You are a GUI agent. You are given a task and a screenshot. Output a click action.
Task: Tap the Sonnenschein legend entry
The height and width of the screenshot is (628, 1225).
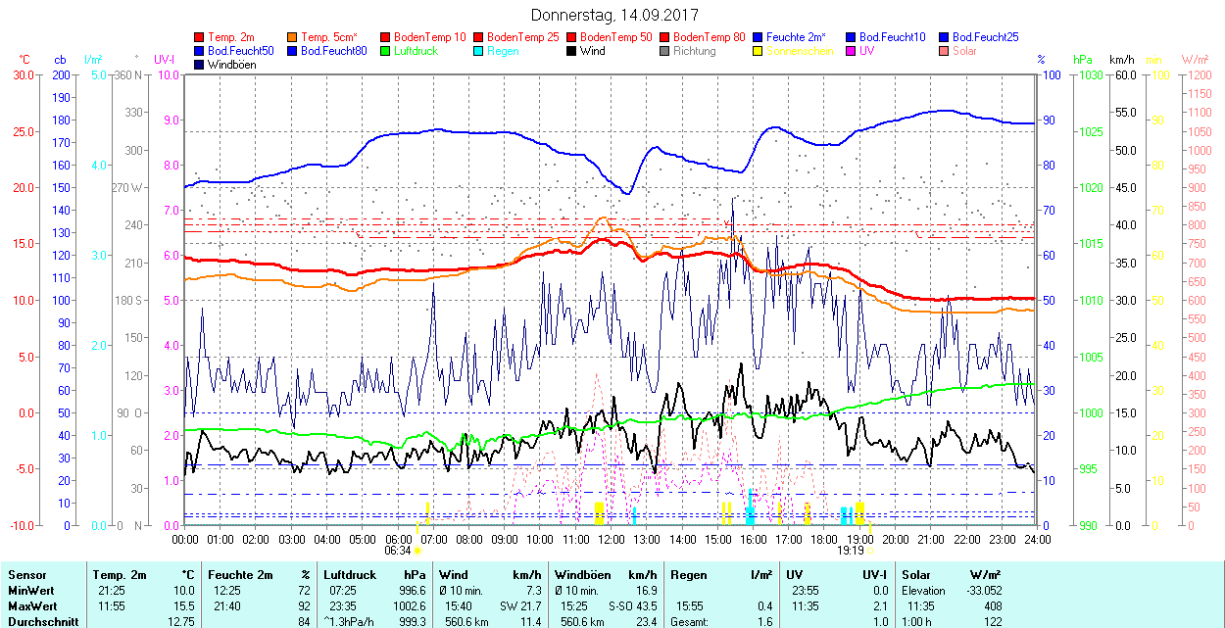(x=800, y=51)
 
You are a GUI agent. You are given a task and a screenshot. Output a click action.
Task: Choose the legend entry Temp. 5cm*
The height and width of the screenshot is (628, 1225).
(x=328, y=37)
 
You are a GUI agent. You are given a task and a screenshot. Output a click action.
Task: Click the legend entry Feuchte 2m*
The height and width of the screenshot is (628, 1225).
(x=796, y=37)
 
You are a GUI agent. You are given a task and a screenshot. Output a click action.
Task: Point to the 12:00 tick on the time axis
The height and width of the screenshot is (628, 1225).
(x=612, y=539)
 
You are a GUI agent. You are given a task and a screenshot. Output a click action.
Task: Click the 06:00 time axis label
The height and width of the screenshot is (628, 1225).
(x=398, y=539)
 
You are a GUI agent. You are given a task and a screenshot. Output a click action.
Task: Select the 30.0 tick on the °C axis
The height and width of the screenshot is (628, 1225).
(x=22, y=74)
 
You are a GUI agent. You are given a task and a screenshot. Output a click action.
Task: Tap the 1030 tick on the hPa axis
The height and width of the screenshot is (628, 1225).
(x=1088, y=74)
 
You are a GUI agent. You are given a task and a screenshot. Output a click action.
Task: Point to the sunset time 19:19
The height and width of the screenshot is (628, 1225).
(x=849, y=551)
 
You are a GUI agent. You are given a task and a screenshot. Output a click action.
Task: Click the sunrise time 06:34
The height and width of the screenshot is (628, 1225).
(x=398, y=551)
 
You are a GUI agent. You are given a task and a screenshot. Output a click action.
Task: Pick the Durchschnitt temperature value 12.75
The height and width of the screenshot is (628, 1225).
(x=179, y=621)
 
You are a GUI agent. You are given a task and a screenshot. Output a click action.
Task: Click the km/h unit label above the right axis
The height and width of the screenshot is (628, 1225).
(x=1122, y=60)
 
